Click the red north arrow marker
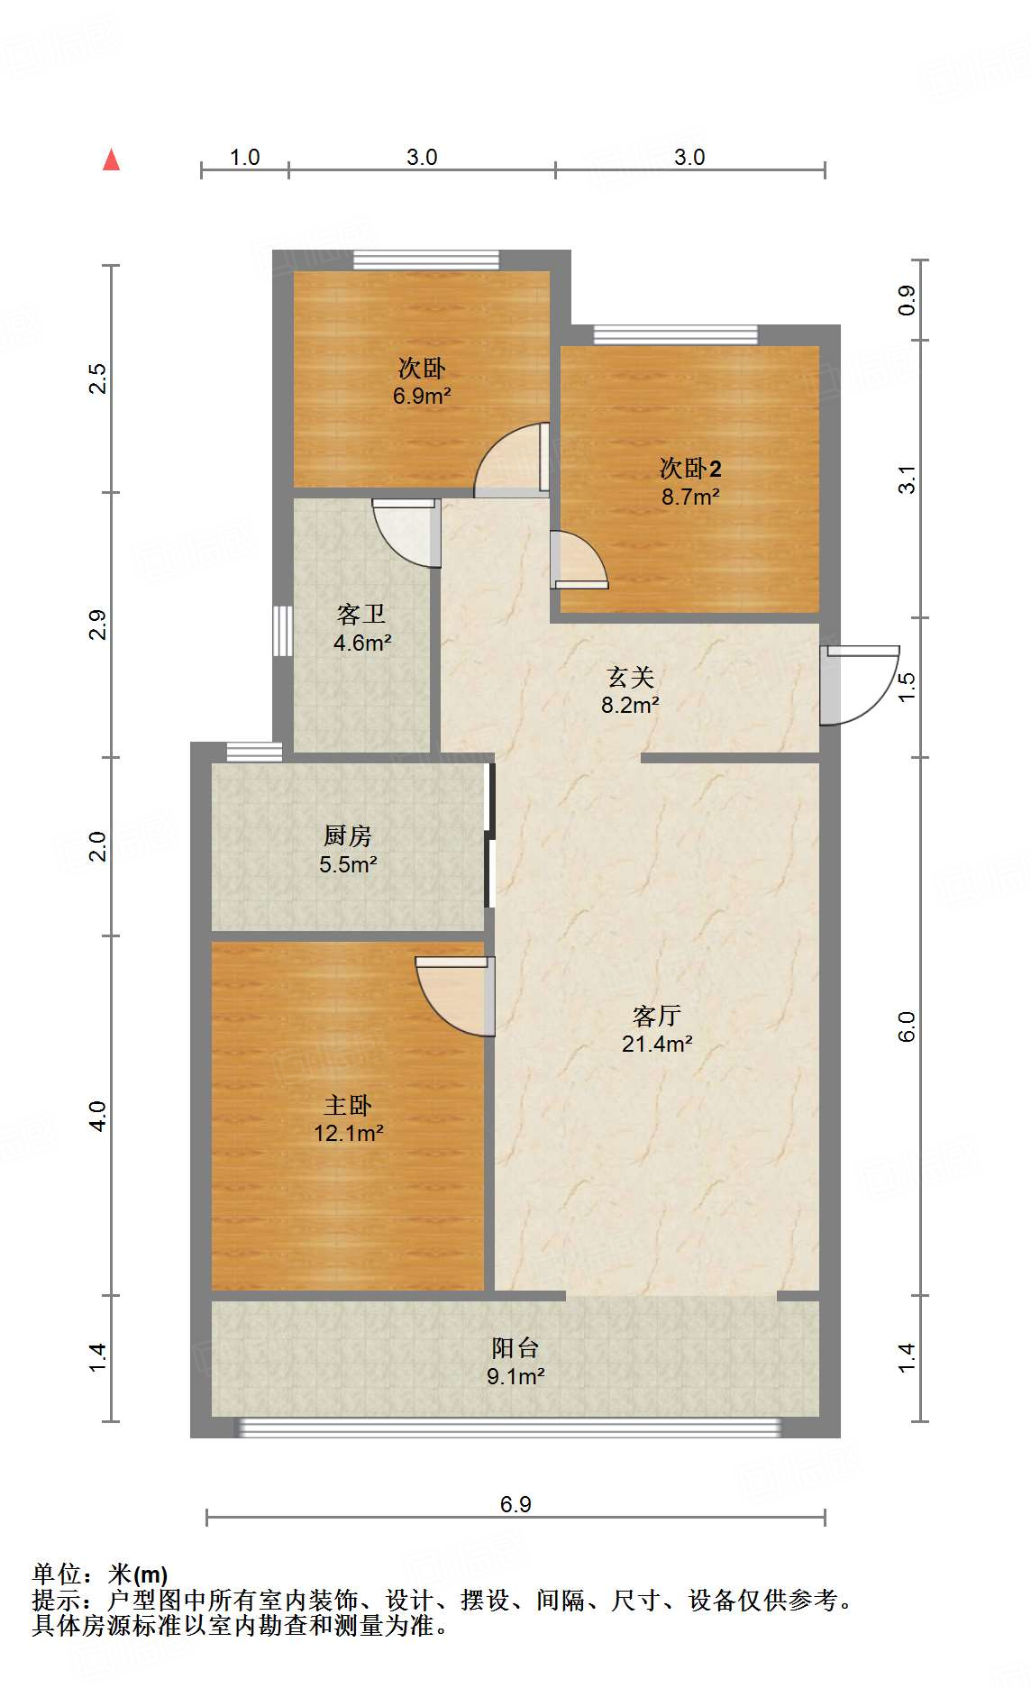coord(112,160)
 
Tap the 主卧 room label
coord(348,1105)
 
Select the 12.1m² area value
coord(349,1133)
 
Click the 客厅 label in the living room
coord(656,1016)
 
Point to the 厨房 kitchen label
coord(348,835)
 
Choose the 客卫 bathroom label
coord(361,614)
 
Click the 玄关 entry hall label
coord(630,677)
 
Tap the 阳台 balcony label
coord(515,1347)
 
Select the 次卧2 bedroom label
coord(690,468)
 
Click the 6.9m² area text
coord(422,396)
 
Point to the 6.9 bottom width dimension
coord(515,1504)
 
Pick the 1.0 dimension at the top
coord(244,158)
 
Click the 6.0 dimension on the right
coord(907,1026)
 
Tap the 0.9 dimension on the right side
coord(907,300)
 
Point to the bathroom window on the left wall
coord(283,631)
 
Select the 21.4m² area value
coord(657,1044)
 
